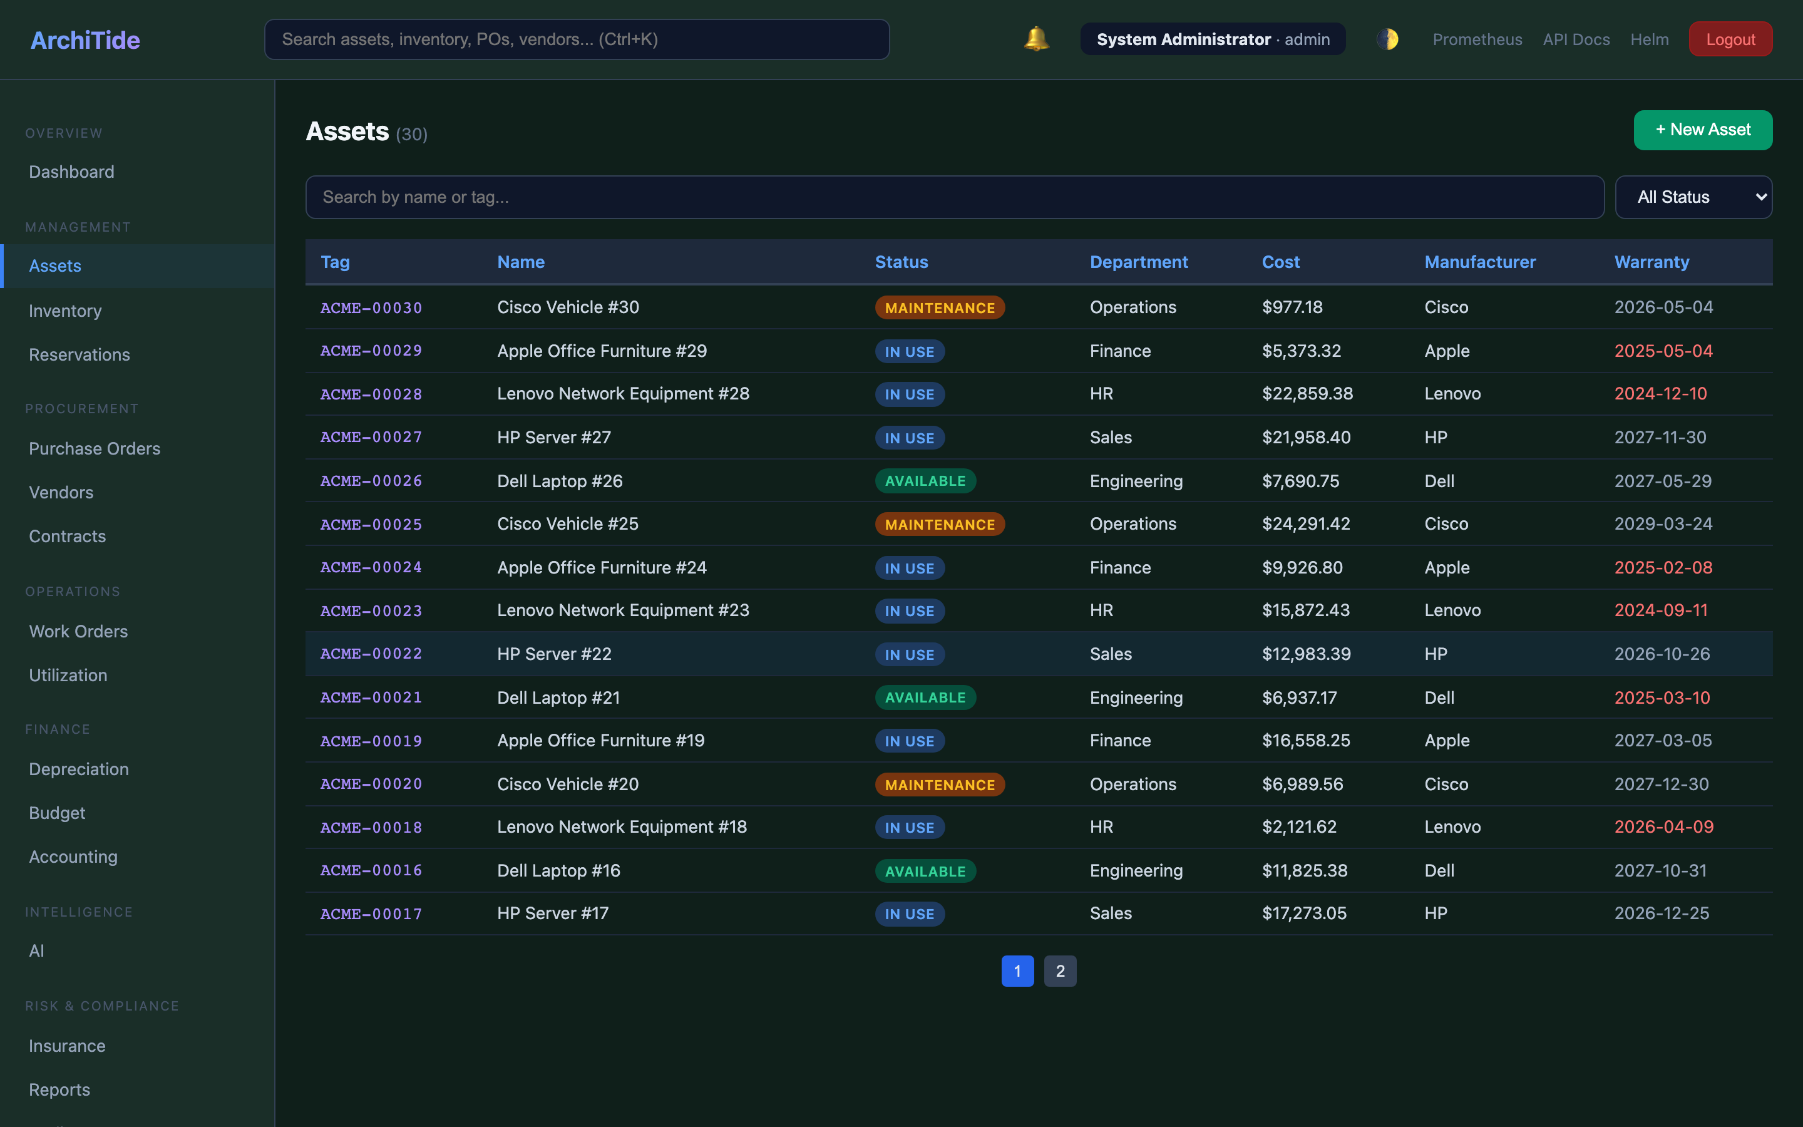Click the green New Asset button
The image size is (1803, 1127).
click(x=1702, y=130)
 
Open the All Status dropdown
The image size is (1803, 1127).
click(x=1693, y=197)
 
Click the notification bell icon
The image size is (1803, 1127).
click(x=1035, y=39)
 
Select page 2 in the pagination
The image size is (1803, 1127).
click(x=1059, y=970)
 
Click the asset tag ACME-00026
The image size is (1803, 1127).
click(x=371, y=481)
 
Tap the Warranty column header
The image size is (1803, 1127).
click(x=1651, y=262)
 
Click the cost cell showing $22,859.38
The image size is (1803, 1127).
click(x=1307, y=394)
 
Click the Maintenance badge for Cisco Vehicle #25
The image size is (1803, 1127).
click(x=939, y=525)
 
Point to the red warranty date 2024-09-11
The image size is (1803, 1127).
click(x=1660, y=610)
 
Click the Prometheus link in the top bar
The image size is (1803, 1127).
click(x=1477, y=39)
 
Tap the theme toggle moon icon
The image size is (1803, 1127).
click(x=1387, y=39)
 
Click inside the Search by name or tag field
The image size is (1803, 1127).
click(x=953, y=197)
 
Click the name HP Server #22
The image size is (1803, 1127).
click(x=553, y=654)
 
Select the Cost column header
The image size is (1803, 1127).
click(x=1280, y=262)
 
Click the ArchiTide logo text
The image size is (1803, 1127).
click(x=85, y=40)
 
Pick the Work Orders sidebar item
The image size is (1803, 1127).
click(x=78, y=631)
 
